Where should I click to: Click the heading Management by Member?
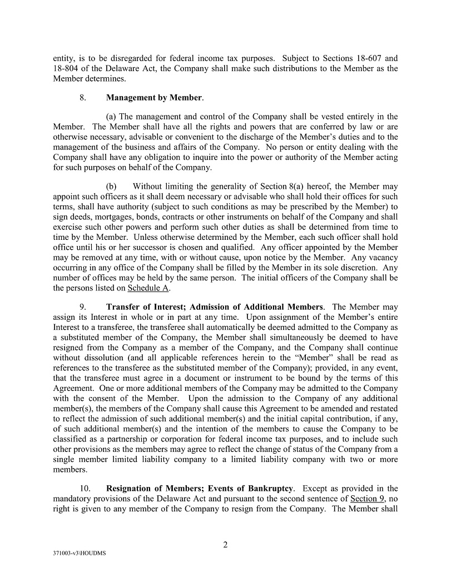pyautogui.click(x=154, y=98)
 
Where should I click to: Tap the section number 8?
pyautogui.click(x=82, y=98)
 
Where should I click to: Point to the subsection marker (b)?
pyautogui.click(x=111, y=187)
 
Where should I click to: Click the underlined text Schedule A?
pyautogui.click(x=148, y=288)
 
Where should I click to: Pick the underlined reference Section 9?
pyautogui.click(x=366, y=498)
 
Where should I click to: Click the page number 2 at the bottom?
pyautogui.click(x=225, y=545)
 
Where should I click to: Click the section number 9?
pyautogui.click(x=82, y=307)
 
